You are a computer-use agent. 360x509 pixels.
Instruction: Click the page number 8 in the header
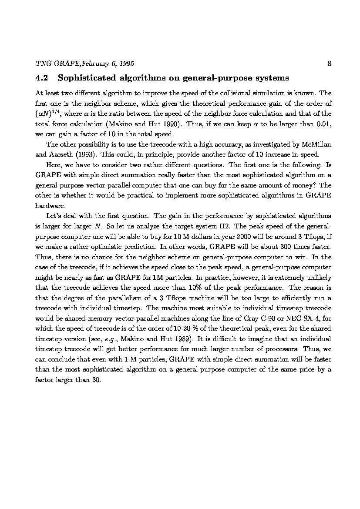[330, 64]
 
